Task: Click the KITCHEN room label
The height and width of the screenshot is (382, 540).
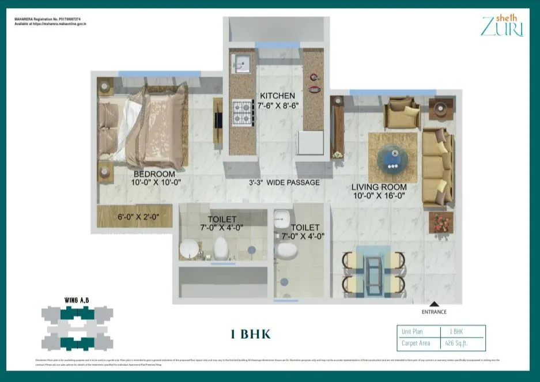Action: (277, 96)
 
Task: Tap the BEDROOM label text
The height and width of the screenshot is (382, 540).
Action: (154, 174)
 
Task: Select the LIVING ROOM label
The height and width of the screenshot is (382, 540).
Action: (379, 187)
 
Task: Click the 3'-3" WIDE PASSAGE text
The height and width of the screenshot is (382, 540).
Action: (284, 183)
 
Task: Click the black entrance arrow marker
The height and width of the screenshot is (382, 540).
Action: (435, 304)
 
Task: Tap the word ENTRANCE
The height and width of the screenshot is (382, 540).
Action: (435, 312)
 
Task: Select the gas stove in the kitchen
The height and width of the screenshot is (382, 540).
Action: (243, 112)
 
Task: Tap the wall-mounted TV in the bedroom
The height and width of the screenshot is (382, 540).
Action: (217, 120)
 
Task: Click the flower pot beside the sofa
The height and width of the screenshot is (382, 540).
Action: (441, 222)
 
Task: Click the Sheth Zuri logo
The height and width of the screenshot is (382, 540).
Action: (501, 27)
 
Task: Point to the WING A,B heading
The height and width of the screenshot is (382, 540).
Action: (77, 300)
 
